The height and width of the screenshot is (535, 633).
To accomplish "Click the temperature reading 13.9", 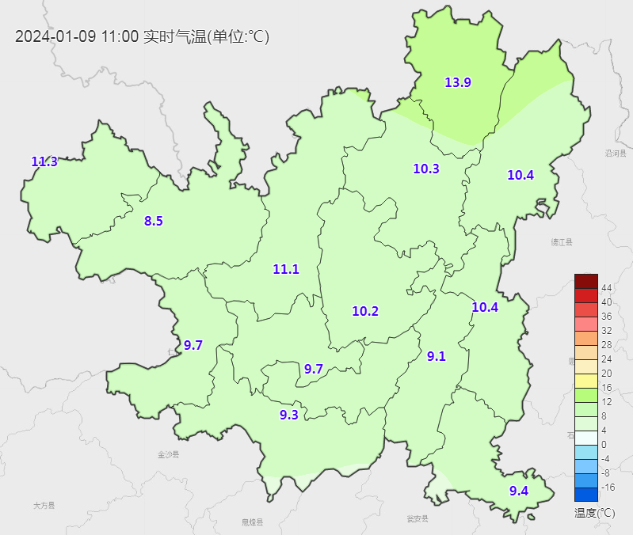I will tap(458, 82).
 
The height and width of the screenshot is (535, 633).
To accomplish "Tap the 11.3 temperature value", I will tap(44, 161).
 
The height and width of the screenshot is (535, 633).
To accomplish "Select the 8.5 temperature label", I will tap(153, 221).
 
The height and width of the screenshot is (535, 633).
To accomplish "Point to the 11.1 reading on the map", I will tap(286, 269).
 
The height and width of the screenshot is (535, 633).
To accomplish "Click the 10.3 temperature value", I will tap(426, 168).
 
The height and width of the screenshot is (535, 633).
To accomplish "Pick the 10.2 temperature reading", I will tap(365, 311).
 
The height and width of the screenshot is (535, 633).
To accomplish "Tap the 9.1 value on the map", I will tap(437, 356).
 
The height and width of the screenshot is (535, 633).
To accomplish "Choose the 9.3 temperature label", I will tap(289, 414).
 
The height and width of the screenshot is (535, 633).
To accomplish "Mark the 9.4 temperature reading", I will tap(519, 491).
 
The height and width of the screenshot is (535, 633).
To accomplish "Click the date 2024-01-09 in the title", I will tap(55, 36).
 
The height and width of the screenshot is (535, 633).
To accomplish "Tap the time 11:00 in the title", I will tap(120, 36).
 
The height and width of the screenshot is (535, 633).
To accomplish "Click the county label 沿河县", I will tap(616, 154).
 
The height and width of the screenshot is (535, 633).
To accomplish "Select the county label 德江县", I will tap(562, 242).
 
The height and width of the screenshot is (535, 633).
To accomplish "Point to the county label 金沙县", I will tap(169, 454).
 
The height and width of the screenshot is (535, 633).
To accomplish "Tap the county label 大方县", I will tap(44, 504).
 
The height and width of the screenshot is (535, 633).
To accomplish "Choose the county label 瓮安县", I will tap(417, 519).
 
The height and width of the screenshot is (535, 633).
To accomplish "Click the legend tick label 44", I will tap(607, 287).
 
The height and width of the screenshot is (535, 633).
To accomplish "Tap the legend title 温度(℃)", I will tap(595, 512).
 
